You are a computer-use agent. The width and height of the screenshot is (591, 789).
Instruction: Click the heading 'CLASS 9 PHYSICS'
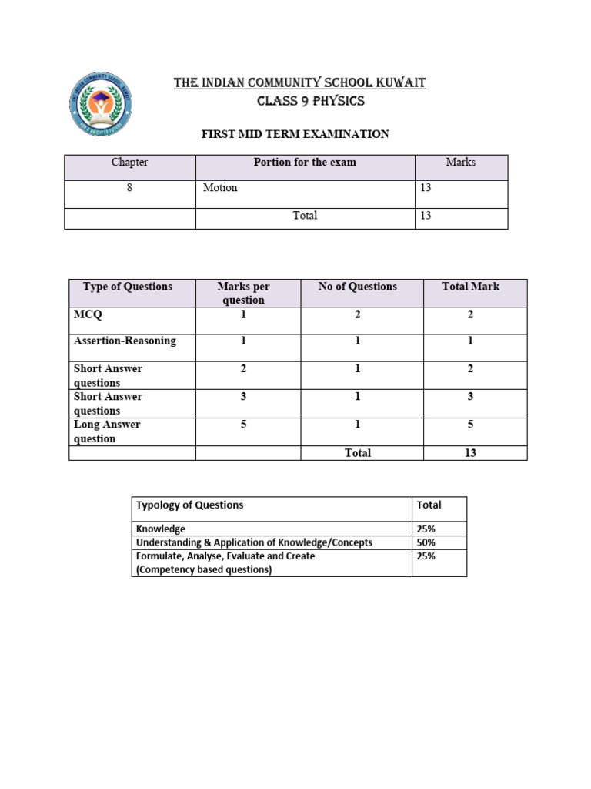pyautogui.click(x=299, y=101)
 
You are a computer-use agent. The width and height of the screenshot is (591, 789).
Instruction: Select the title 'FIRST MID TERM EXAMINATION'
pyautogui.click(x=295, y=134)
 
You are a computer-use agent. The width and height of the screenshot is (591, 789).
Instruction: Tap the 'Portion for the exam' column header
pyautogui.click(x=305, y=163)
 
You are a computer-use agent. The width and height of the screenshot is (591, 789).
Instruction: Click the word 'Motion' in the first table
pyautogui.click(x=220, y=188)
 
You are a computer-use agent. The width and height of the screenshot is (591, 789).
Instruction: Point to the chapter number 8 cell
pyautogui.click(x=129, y=188)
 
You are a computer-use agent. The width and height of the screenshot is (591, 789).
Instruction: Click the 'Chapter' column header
pyautogui.click(x=129, y=163)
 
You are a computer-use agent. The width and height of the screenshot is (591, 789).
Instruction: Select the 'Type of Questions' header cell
pyautogui.click(x=128, y=287)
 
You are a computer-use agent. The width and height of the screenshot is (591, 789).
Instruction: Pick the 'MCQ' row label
pyautogui.click(x=87, y=314)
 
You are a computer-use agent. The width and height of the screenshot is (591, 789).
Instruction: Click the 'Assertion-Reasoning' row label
pyautogui.click(x=125, y=341)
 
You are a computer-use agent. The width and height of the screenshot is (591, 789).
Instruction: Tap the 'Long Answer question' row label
pyautogui.click(x=106, y=431)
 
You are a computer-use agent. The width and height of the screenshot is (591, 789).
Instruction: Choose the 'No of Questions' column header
pyautogui.click(x=358, y=287)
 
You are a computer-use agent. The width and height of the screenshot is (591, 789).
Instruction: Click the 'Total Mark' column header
pyautogui.click(x=470, y=287)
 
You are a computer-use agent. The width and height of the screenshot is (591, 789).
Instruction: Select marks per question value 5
pyautogui.click(x=243, y=425)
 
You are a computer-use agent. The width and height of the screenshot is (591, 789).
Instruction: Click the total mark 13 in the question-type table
pyautogui.click(x=470, y=453)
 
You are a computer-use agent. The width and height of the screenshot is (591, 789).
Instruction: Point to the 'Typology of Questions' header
pyautogui.click(x=189, y=505)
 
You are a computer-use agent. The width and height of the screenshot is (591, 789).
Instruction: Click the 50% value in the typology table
pyautogui.click(x=426, y=542)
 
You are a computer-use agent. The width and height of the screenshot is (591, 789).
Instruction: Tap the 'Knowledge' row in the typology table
pyautogui.click(x=161, y=529)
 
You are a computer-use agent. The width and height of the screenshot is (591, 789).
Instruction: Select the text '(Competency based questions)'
pyautogui.click(x=204, y=570)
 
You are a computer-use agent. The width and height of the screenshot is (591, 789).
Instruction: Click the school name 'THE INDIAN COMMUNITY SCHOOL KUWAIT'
pyautogui.click(x=299, y=82)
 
